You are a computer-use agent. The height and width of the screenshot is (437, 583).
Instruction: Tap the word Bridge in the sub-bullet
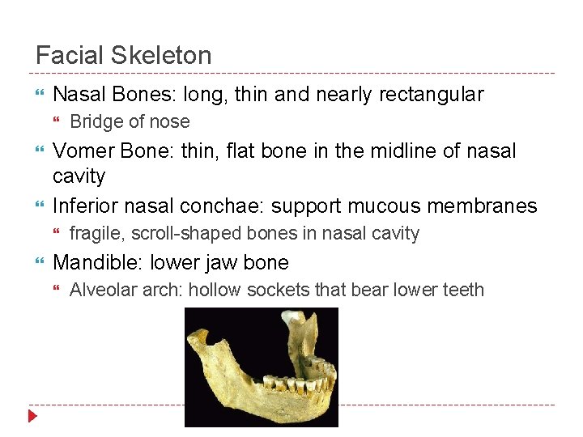[96, 122]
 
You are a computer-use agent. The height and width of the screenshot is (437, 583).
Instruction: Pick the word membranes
[486, 206]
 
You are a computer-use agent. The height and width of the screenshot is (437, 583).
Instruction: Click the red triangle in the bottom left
[32, 417]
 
